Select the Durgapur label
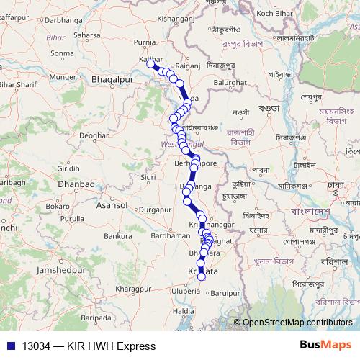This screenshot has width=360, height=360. point(156,210)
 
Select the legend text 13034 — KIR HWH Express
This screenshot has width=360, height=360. point(89,346)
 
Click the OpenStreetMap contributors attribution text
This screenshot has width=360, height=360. point(298,323)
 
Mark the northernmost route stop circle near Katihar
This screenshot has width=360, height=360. point(152,63)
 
